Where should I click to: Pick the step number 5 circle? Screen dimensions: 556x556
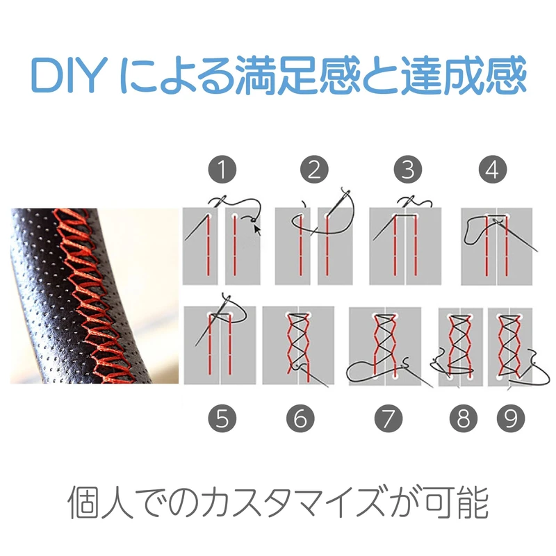click(x=222, y=418)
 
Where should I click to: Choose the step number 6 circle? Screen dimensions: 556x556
click(x=300, y=418)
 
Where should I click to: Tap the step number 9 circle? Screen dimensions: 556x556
click(x=510, y=418)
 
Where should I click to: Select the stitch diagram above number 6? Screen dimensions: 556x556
click(x=298, y=345)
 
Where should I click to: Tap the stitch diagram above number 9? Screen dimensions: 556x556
click(x=512, y=345)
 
